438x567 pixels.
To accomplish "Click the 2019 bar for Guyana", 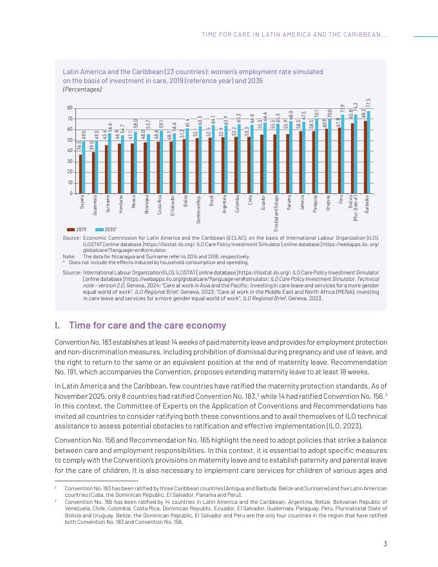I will (x=81, y=173).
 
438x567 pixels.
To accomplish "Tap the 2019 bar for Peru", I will (x=339, y=160).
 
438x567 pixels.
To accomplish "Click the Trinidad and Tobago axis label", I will (x=276, y=213).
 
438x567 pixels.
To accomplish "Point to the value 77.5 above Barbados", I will (x=368, y=103).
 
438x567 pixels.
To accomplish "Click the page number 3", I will (x=385, y=543).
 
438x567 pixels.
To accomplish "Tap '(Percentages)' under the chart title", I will (x=82, y=90).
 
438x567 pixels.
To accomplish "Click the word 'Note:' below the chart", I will (x=70, y=256).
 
